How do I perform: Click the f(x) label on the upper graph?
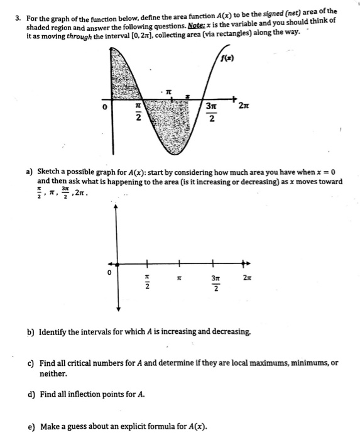227,60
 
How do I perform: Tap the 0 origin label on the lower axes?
108,272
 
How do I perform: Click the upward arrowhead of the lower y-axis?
116,207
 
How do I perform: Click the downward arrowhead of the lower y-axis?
116,309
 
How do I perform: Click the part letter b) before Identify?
29,330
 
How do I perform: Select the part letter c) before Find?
29,363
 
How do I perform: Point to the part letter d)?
29,395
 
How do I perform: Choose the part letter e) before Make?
29,427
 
